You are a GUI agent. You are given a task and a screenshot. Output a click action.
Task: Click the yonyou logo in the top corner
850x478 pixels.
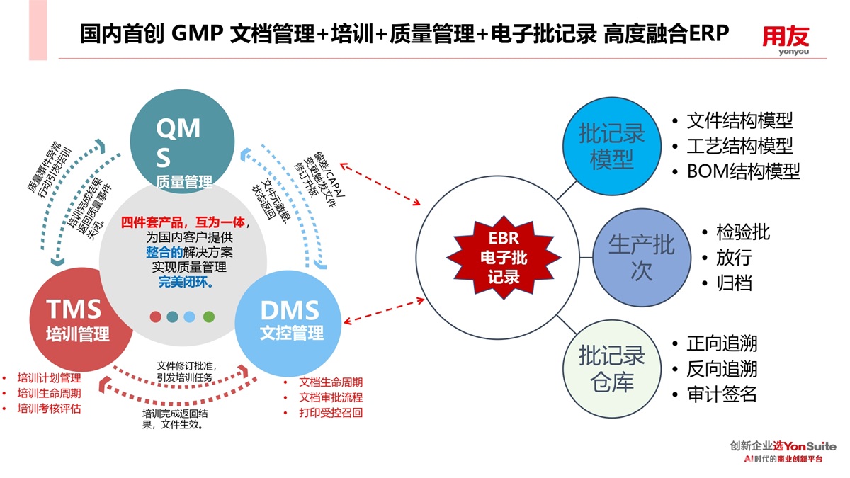pos(786,40)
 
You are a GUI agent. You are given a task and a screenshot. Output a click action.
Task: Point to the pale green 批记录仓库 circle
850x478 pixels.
pos(611,368)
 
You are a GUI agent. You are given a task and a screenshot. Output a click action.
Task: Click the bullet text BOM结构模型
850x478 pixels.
pos(743,171)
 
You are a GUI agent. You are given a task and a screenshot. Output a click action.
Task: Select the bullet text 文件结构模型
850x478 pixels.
pos(739,120)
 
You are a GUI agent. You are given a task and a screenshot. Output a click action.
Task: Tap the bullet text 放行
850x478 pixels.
pos(734,257)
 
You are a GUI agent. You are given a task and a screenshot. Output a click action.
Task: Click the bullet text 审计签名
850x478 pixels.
pos(722,394)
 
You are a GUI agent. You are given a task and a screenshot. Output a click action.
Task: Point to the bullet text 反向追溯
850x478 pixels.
pos(722,369)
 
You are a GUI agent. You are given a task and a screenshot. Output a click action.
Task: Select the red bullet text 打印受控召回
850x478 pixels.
pos(331,412)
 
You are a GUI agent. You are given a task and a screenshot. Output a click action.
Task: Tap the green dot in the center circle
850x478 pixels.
pos(209,317)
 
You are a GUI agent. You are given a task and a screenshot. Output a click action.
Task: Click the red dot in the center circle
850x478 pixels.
pos(156,317)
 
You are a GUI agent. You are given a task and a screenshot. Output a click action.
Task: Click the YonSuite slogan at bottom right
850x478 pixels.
pos(783,452)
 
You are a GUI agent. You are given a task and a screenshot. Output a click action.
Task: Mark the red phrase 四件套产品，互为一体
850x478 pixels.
pos(183,222)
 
